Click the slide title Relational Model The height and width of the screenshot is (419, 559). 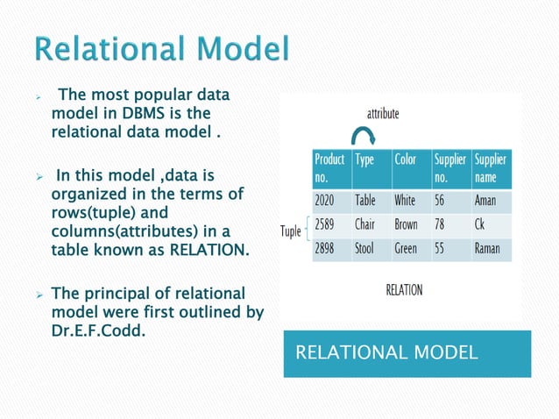162,50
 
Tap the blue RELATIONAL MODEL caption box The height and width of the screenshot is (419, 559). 407,353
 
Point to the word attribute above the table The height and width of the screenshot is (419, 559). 383,113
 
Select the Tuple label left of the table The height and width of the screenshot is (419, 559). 289,231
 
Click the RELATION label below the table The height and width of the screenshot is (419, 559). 404,290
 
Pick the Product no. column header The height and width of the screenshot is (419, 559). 329,168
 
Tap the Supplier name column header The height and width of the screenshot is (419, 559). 490,168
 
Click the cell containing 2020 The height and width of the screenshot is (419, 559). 324,200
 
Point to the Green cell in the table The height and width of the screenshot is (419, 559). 406,248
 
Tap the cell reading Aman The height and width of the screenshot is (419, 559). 485,200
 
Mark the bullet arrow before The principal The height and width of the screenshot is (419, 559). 39,293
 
